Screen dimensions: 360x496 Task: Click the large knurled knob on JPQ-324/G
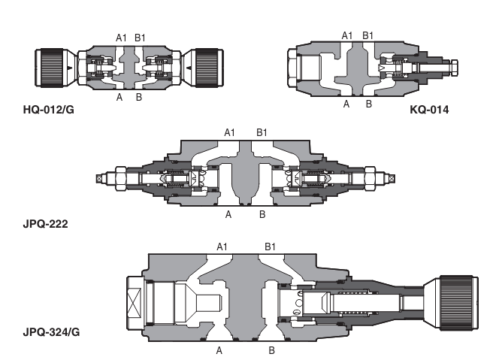[450, 299]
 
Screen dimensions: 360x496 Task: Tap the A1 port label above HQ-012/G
[121, 37]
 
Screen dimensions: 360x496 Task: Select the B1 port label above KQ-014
[368, 35]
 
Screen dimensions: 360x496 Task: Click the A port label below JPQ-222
[229, 214]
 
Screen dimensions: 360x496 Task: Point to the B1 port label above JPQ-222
[262, 132]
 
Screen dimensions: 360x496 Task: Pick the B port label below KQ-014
[368, 104]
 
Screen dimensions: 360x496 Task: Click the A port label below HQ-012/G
[119, 97]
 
